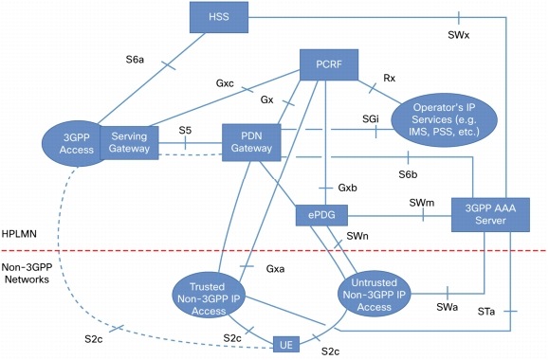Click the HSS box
(214, 16)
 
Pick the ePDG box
(320, 213)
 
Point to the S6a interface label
(137, 59)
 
